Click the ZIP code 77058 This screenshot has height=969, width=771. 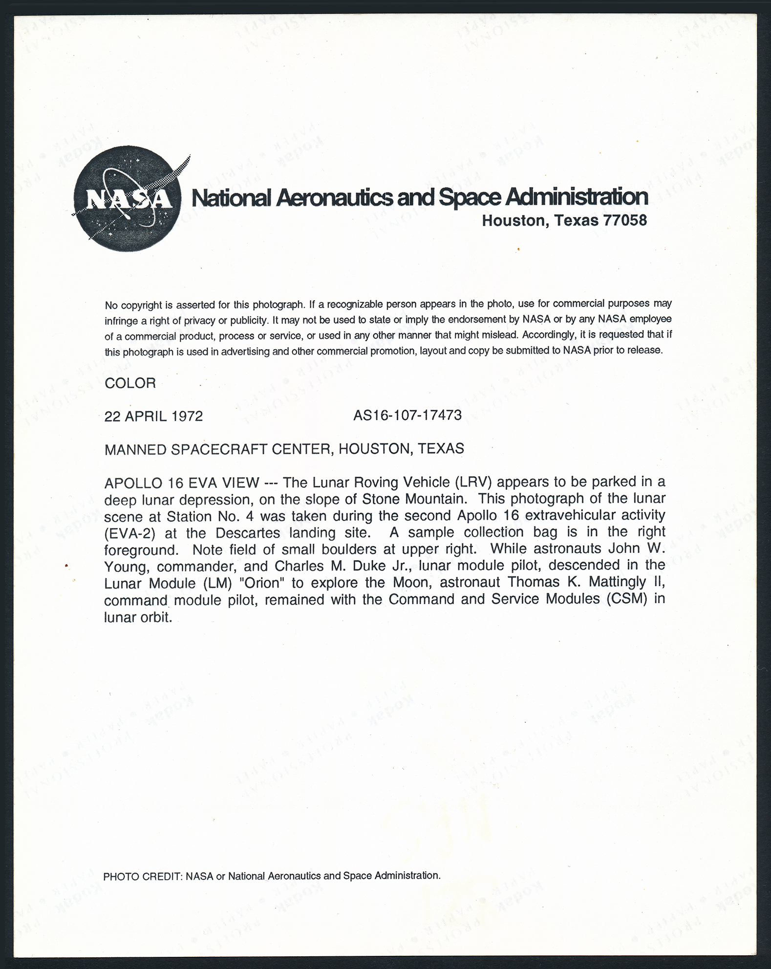[x=625, y=220]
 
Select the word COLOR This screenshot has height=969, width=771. [x=130, y=383]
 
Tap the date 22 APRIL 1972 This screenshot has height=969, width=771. [x=153, y=416]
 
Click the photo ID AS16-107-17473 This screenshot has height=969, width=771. [x=407, y=415]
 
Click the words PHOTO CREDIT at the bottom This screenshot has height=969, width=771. [x=142, y=876]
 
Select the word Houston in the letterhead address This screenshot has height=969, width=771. [x=513, y=221]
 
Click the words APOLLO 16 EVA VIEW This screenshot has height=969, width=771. [x=181, y=483]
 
